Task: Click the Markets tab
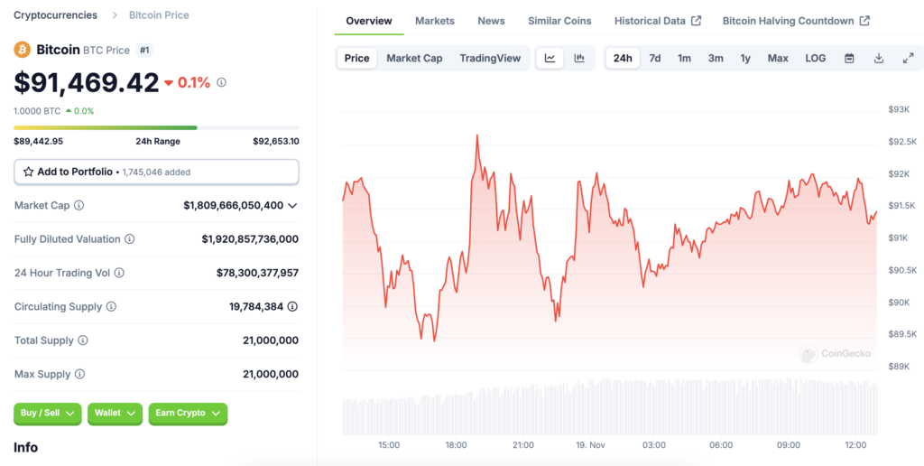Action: pyautogui.click(x=434, y=21)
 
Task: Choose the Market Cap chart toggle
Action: pyautogui.click(x=414, y=58)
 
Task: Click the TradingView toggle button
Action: pyautogui.click(x=490, y=58)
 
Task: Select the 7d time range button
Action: pyautogui.click(x=655, y=58)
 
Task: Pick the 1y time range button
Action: pyautogui.click(x=745, y=58)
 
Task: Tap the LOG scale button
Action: pyautogui.click(x=815, y=58)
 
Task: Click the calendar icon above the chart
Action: pyautogui.click(x=849, y=58)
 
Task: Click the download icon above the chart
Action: pyautogui.click(x=879, y=58)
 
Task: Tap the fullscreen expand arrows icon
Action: pyautogui.click(x=908, y=58)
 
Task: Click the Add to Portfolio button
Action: pyautogui.click(x=156, y=172)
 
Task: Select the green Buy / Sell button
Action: pyautogui.click(x=47, y=413)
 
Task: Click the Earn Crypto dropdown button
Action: pyautogui.click(x=188, y=413)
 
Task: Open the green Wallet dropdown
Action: pyautogui.click(x=115, y=413)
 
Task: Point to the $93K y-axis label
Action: pyautogui.click(x=899, y=109)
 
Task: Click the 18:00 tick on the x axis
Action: pyautogui.click(x=456, y=445)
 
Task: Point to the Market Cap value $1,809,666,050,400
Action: pyautogui.click(x=234, y=205)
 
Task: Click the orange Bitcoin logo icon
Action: pyautogui.click(x=23, y=50)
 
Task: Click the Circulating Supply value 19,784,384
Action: pyautogui.click(x=256, y=307)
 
